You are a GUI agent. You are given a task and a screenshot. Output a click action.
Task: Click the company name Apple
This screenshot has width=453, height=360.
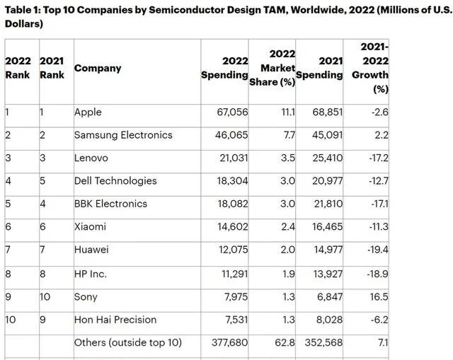tap(88, 112)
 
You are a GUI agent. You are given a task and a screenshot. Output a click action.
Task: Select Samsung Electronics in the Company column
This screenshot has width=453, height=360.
tap(123, 134)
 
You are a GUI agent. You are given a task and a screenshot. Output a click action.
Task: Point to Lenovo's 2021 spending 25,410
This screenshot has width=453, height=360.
tap(325, 157)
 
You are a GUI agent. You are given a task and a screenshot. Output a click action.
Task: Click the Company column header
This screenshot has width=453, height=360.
tap(98, 69)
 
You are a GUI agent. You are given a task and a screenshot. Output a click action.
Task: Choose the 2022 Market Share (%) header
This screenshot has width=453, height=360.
tap(273, 68)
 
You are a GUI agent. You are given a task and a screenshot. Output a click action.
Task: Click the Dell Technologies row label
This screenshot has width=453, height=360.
tap(115, 180)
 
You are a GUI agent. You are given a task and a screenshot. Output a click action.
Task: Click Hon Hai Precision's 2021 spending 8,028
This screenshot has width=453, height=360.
tap(328, 320)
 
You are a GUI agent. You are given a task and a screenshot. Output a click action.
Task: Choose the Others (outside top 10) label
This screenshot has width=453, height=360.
tap(128, 343)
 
